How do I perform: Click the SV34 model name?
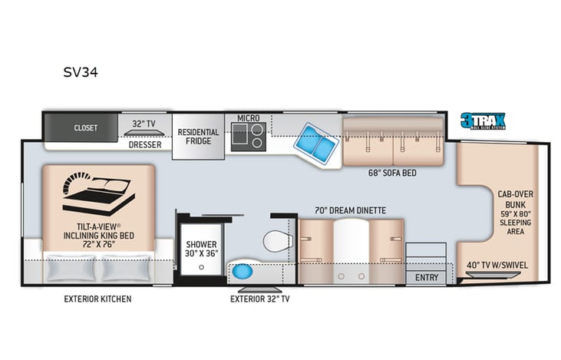(80, 73)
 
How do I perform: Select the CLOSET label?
(85, 128)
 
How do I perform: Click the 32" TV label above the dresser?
(144, 123)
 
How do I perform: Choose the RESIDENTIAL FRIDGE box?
(198, 137)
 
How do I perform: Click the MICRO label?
(248, 118)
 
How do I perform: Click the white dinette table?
(350, 246)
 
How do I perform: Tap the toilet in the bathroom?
(274, 243)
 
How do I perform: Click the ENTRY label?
(426, 276)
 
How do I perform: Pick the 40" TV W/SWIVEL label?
(497, 266)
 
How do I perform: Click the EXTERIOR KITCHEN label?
(97, 298)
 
